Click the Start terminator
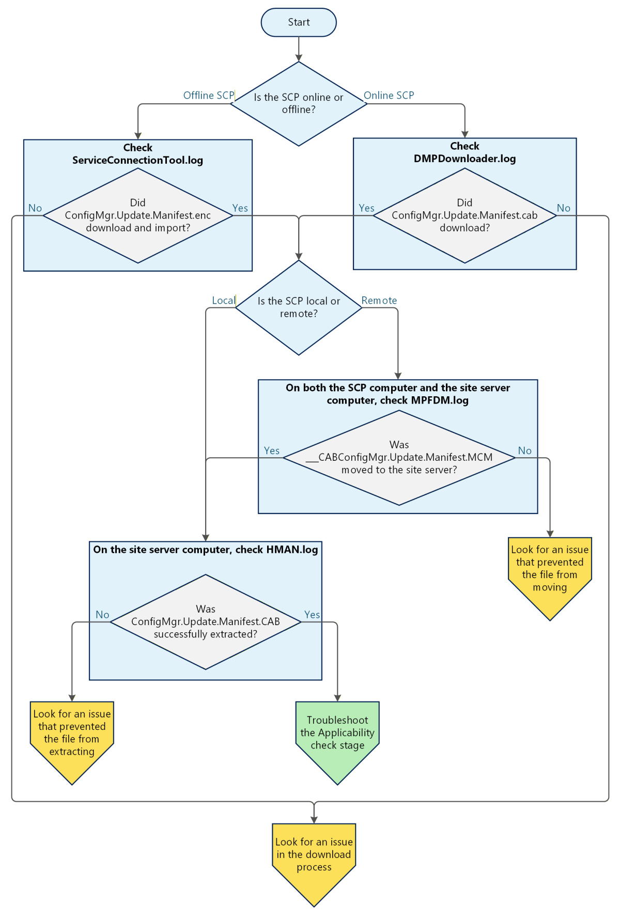[x=299, y=22]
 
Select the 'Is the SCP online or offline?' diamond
[x=299, y=103]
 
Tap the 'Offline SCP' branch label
[x=208, y=96]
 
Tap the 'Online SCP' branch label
[x=389, y=96]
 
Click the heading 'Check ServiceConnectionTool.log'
[x=137, y=154]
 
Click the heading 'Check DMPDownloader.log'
[x=464, y=152]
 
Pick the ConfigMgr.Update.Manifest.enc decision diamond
[x=137, y=215]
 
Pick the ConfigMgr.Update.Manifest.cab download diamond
[x=464, y=215]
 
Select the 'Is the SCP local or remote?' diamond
[x=299, y=307]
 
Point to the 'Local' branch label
[x=223, y=301]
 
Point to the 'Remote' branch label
[x=379, y=301]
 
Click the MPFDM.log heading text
[x=397, y=394]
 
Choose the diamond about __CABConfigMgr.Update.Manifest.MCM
[x=399, y=458]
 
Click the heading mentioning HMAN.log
[x=205, y=550]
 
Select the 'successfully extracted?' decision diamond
[x=205, y=622]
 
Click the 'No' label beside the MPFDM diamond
[x=524, y=451]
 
